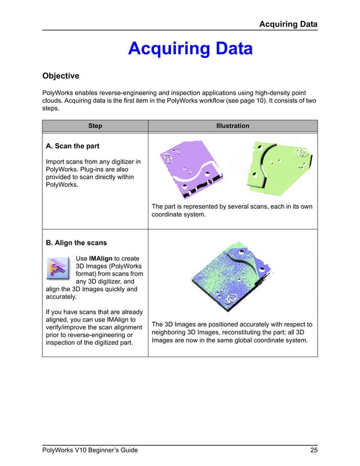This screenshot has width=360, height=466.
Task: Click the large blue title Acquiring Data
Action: (x=190, y=49)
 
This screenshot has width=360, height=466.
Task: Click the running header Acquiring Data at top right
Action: (x=288, y=24)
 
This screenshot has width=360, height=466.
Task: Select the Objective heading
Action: (x=61, y=76)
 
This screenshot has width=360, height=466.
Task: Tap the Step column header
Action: (x=95, y=126)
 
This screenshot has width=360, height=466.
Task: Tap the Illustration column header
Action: (x=232, y=126)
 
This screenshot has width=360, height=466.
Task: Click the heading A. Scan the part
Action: (x=72, y=146)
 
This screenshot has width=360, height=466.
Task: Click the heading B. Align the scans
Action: (x=76, y=243)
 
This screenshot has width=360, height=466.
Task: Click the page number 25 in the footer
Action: (x=313, y=450)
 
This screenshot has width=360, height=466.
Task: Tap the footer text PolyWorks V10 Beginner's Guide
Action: (x=90, y=450)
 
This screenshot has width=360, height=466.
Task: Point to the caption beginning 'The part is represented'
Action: (x=231, y=210)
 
